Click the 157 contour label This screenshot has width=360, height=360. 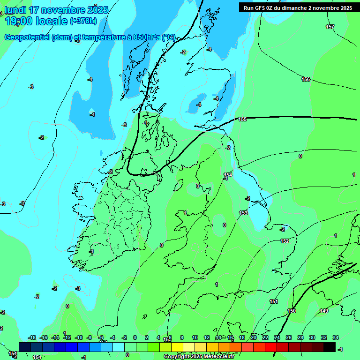(x=330, y=27)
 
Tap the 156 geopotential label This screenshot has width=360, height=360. (x=306, y=80)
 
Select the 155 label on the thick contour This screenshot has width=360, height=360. (x=242, y=120)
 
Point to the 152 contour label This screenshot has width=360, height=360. (x=285, y=241)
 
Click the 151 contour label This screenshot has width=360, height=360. (x=274, y=302)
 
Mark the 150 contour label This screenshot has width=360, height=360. (x=292, y=311)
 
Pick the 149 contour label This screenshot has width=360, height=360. (x=324, y=311)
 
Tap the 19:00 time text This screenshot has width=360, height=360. (x=18, y=21)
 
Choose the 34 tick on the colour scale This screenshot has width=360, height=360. (x=336, y=337)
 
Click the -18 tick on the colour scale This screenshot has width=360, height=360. (x=32, y=337)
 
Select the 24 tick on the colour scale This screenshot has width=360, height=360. (x=277, y=337)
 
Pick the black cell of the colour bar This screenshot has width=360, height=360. (x=330, y=347)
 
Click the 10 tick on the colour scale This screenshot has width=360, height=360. (x=195, y=337)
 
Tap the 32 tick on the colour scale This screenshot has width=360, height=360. (x=324, y=337)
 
